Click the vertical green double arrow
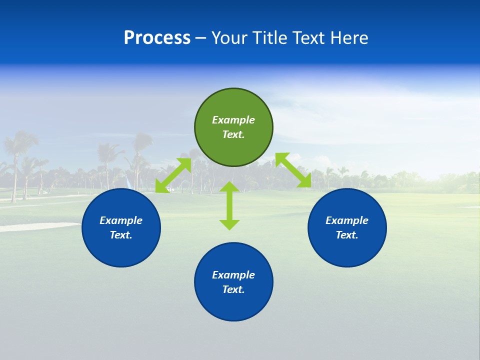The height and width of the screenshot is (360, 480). coord(229,205)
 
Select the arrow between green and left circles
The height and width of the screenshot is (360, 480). coord(173,175)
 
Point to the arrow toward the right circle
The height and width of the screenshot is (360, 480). coord(293,170)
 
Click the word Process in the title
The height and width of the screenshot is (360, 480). coord(157,37)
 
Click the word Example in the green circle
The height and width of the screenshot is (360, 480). coord(233,120)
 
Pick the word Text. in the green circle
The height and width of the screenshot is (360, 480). coord(233,134)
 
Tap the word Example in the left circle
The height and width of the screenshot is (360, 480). coord(121,220)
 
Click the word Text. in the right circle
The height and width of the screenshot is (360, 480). coord(347,235)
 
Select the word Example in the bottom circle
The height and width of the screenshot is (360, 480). coord(233,275)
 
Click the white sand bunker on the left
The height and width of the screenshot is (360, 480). coord(30,227)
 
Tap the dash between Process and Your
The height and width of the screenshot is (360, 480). coord(200,38)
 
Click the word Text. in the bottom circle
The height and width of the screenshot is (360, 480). coord(233,289)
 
